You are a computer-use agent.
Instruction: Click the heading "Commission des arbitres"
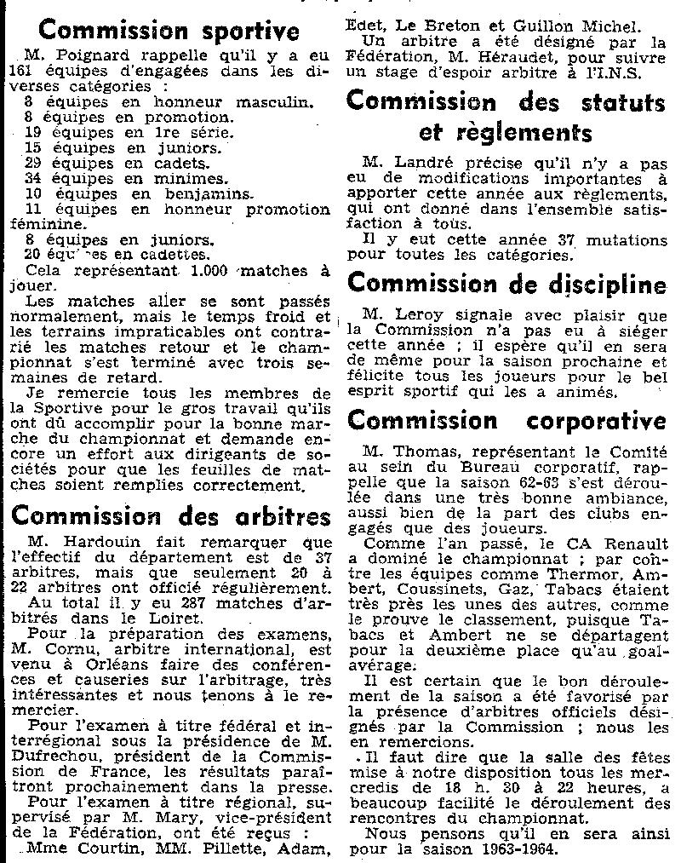(169, 516)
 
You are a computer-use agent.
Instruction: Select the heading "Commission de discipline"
(507, 283)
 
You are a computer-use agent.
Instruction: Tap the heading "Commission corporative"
(507, 421)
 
